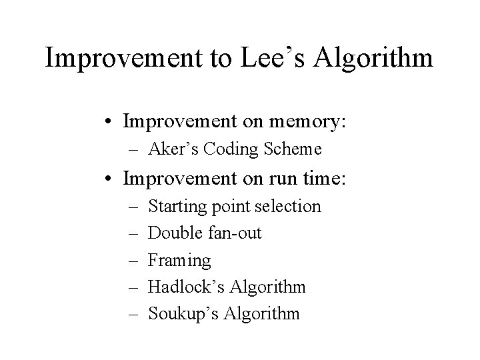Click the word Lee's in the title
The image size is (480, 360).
pos(257,59)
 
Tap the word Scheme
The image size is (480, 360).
pos(294,149)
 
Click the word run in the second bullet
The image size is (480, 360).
pos(273,179)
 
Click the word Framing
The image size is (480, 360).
pos(179,260)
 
